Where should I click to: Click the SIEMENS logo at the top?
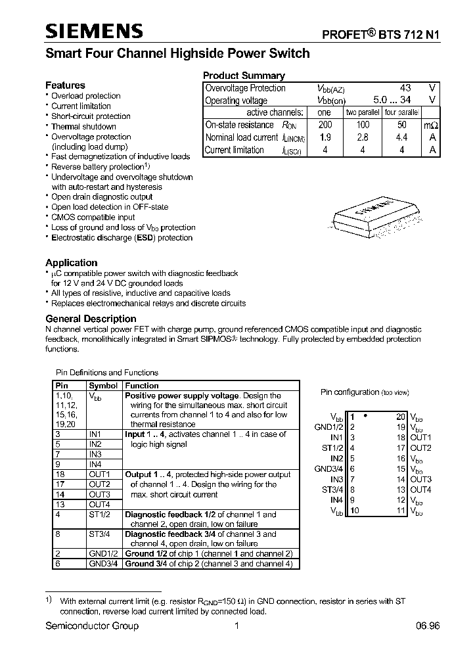click(x=94, y=31)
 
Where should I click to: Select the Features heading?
click(x=65, y=85)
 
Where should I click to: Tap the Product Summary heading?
click(x=244, y=76)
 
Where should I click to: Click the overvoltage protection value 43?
click(x=405, y=88)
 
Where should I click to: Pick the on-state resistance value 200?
click(x=325, y=125)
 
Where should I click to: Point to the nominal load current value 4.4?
click(x=401, y=137)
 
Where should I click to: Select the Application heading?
click(x=72, y=263)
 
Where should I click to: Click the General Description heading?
click(x=91, y=319)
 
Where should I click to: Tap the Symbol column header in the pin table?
click(x=103, y=386)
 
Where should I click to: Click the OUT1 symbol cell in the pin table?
click(x=99, y=474)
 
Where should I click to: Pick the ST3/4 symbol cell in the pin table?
click(x=100, y=534)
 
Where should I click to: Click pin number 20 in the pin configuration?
click(x=401, y=417)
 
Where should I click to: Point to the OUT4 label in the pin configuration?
click(x=421, y=490)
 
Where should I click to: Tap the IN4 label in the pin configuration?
click(x=336, y=500)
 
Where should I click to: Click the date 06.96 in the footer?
click(x=427, y=626)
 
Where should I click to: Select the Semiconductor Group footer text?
click(x=92, y=626)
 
